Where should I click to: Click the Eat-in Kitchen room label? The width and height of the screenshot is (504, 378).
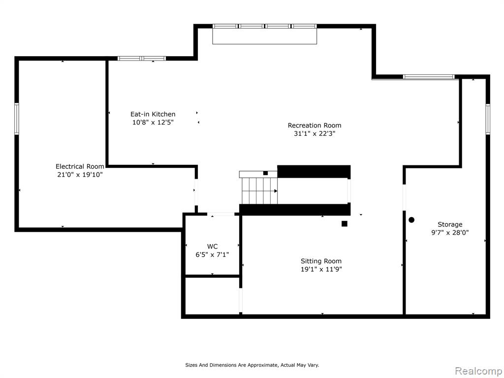coord(153,114)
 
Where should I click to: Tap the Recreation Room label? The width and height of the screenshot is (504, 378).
coord(315,126)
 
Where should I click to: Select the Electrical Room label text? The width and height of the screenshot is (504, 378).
coord(80,166)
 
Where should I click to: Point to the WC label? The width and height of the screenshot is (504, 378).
coord(212,247)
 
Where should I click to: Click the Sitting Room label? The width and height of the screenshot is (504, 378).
coord(321,261)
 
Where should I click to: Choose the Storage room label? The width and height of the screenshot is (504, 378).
coord(450,224)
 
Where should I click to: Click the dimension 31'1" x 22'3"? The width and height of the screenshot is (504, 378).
coord(315,133)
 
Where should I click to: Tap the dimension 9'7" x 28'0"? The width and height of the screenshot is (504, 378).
coord(450,232)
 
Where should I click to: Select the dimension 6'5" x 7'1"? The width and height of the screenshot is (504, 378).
coord(212,254)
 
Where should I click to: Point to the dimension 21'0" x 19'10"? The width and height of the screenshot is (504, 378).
coord(80,175)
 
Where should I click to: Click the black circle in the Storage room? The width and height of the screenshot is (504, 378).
coord(411,220)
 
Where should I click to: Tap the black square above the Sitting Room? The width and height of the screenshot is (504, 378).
coord(344,224)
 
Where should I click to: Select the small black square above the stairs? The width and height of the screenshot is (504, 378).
coord(265,173)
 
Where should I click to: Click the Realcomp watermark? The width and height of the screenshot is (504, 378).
coord(478,371)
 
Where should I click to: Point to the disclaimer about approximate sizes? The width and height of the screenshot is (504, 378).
coord(252,365)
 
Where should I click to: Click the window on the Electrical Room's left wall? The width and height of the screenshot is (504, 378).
coord(17,119)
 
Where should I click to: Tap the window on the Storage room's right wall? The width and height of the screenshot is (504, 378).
coord(488,119)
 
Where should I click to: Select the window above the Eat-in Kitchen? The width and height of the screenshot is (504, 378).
coord(142,59)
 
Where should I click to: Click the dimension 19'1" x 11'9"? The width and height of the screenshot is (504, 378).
coord(321,269)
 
